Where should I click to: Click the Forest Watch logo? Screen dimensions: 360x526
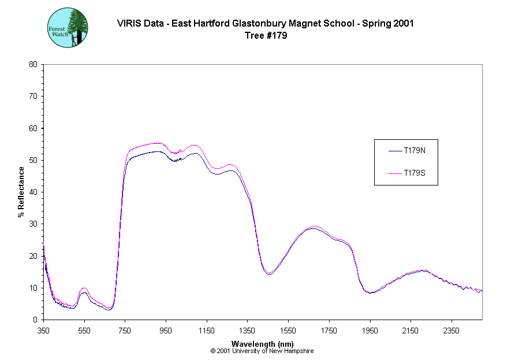tap(67, 28)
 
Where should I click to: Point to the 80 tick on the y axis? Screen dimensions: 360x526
tap(33, 64)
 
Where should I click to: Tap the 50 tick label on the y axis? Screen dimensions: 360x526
tap(33, 160)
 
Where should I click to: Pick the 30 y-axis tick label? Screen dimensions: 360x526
tap(33, 224)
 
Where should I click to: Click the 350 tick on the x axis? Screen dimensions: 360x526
tap(44, 331)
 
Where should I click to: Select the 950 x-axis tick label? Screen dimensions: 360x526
tap(166, 331)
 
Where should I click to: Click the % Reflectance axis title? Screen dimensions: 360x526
tap(21, 192)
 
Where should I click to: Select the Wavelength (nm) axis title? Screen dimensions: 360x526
tap(263, 344)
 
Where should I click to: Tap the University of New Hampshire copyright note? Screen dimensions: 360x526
tap(263, 351)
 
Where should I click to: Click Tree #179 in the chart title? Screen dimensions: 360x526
tap(266, 35)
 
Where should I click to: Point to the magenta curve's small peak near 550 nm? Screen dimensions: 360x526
tap(84, 288)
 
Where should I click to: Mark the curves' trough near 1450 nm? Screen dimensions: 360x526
tap(268, 273)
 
